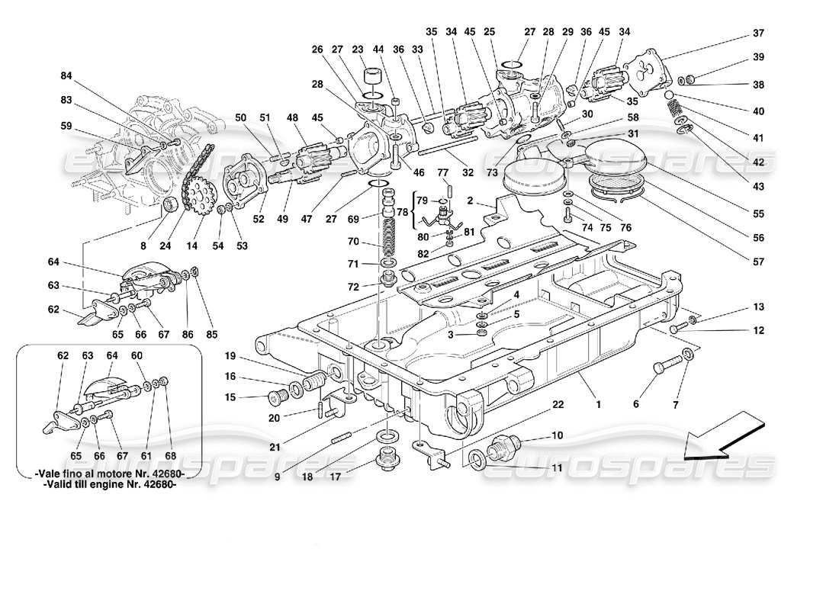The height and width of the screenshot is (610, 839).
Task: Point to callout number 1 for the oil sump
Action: (x=599, y=404)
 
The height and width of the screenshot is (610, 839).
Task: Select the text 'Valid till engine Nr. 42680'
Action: (x=108, y=490)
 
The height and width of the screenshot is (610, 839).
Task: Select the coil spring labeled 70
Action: (x=391, y=233)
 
